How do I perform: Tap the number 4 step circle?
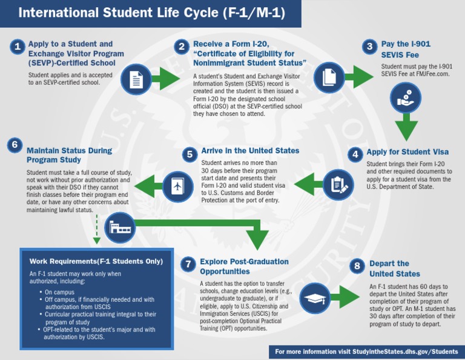pyautogui.click(x=356, y=154)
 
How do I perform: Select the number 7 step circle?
pyautogui.click(x=188, y=264)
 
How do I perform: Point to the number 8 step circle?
pyautogui.click(x=358, y=265)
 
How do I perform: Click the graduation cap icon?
pyautogui.click(x=315, y=299)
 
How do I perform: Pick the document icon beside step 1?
pyautogui.click(x=136, y=79)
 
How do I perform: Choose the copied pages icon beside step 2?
pyautogui.click(x=329, y=77)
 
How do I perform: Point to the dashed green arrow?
pyautogui.click(x=96, y=230)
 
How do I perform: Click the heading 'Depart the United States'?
pyautogui.click(x=395, y=268)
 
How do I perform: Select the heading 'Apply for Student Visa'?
pyautogui.click(x=407, y=153)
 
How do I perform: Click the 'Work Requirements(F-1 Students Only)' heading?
pyautogui.click(x=96, y=261)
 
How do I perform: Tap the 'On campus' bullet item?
pyautogui.click(x=60, y=292)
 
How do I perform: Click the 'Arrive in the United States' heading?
pyautogui.click(x=250, y=151)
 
